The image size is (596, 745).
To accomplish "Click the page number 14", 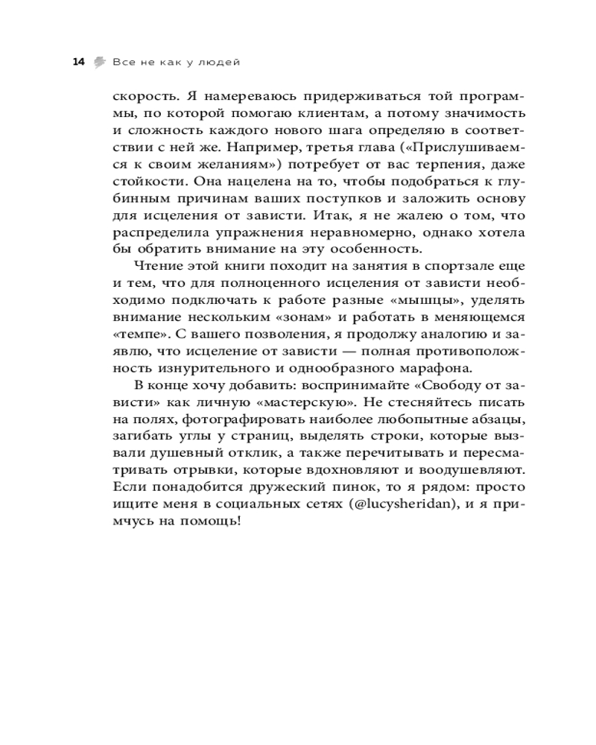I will pyautogui.click(x=77, y=62).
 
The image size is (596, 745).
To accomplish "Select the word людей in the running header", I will pyautogui.click(x=220, y=62).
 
